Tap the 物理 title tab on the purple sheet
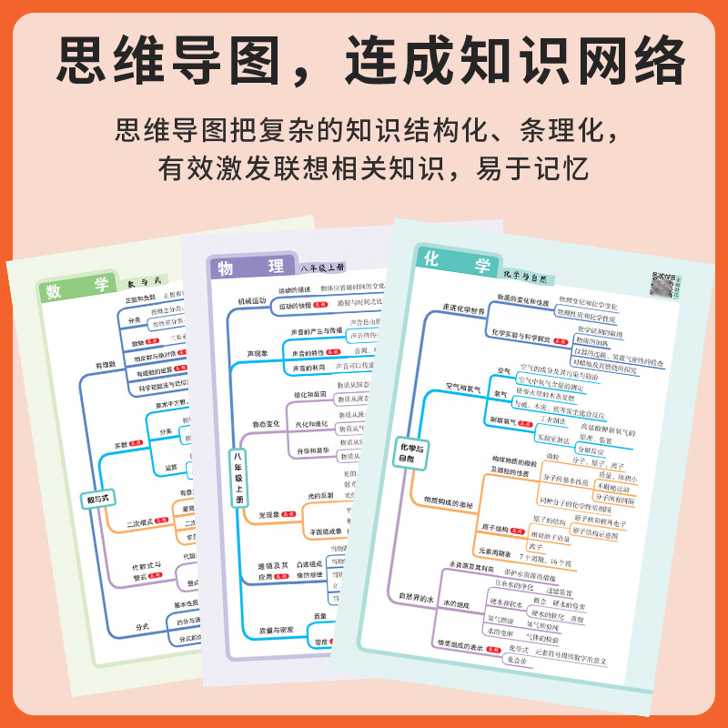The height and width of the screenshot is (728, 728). (x=248, y=268)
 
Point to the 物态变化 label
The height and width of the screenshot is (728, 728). (x=249, y=424)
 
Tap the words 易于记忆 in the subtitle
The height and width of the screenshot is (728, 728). (x=537, y=170)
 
